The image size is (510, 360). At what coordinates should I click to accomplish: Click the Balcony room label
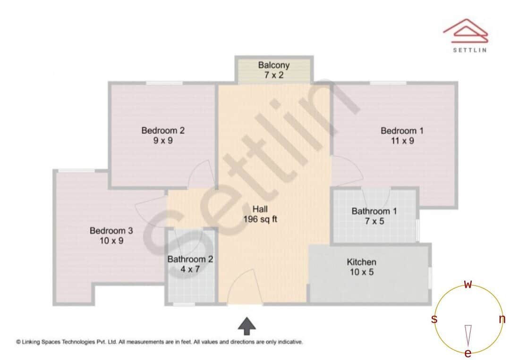pyautogui.click(x=274, y=65)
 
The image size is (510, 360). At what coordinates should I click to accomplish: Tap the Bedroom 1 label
pyautogui.click(x=402, y=131)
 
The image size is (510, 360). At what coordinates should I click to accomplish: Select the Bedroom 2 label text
pyautogui.click(x=163, y=131)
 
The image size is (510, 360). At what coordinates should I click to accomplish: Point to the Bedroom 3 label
pyautogui.click(x=111, y=231)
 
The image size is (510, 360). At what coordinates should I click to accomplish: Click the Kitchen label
pyautogui.click(x=362, y=262)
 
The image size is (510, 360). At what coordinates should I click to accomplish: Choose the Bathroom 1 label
pyautogui.click(x=374, y=211)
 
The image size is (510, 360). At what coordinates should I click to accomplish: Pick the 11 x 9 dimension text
pyautogui.click(x=402, y=141)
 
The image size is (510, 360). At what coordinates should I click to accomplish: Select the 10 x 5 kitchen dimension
pyautogui.click(x=362, y=272)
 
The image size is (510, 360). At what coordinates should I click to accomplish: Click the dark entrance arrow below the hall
pyautogui.click(x=246, y=326)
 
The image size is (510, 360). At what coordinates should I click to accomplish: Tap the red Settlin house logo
pyautogui.click(x=466, y=30)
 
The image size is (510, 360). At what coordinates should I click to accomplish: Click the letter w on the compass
pyautogui.click(x=468, y=285)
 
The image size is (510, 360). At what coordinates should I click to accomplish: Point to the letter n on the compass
pyautogui.click(x=502, y=319)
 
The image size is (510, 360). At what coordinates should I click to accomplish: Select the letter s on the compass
pyautogui.click(x=434, y=319)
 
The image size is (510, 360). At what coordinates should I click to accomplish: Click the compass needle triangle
pyautogui.click(x=468, y=335)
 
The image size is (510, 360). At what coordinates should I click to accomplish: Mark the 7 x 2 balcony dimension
pyautogui.click(x=274, y=75)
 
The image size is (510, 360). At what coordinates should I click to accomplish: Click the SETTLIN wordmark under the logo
pyautogui.click(x=469, y=50)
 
